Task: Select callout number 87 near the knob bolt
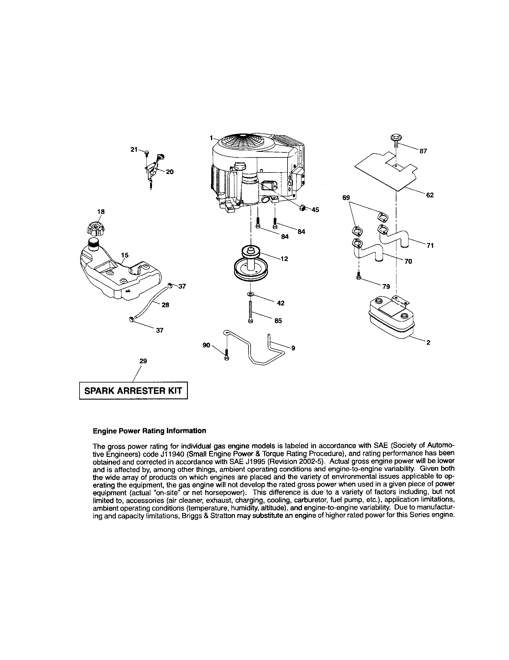click(x=423, y=151)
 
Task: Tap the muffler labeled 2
click(x=390, y=317)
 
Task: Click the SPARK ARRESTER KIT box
click(x=133, y=391)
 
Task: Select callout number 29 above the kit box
click(x=143, y=361)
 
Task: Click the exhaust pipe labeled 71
click(x=393, y=236)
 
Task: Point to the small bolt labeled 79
click(x=359, y=277)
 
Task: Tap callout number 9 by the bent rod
click(x=293, y=348)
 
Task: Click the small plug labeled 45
click(x=302, y=208)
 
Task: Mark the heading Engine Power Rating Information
click(x=149, y=431)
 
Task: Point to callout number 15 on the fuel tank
click(x=125, y=255)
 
